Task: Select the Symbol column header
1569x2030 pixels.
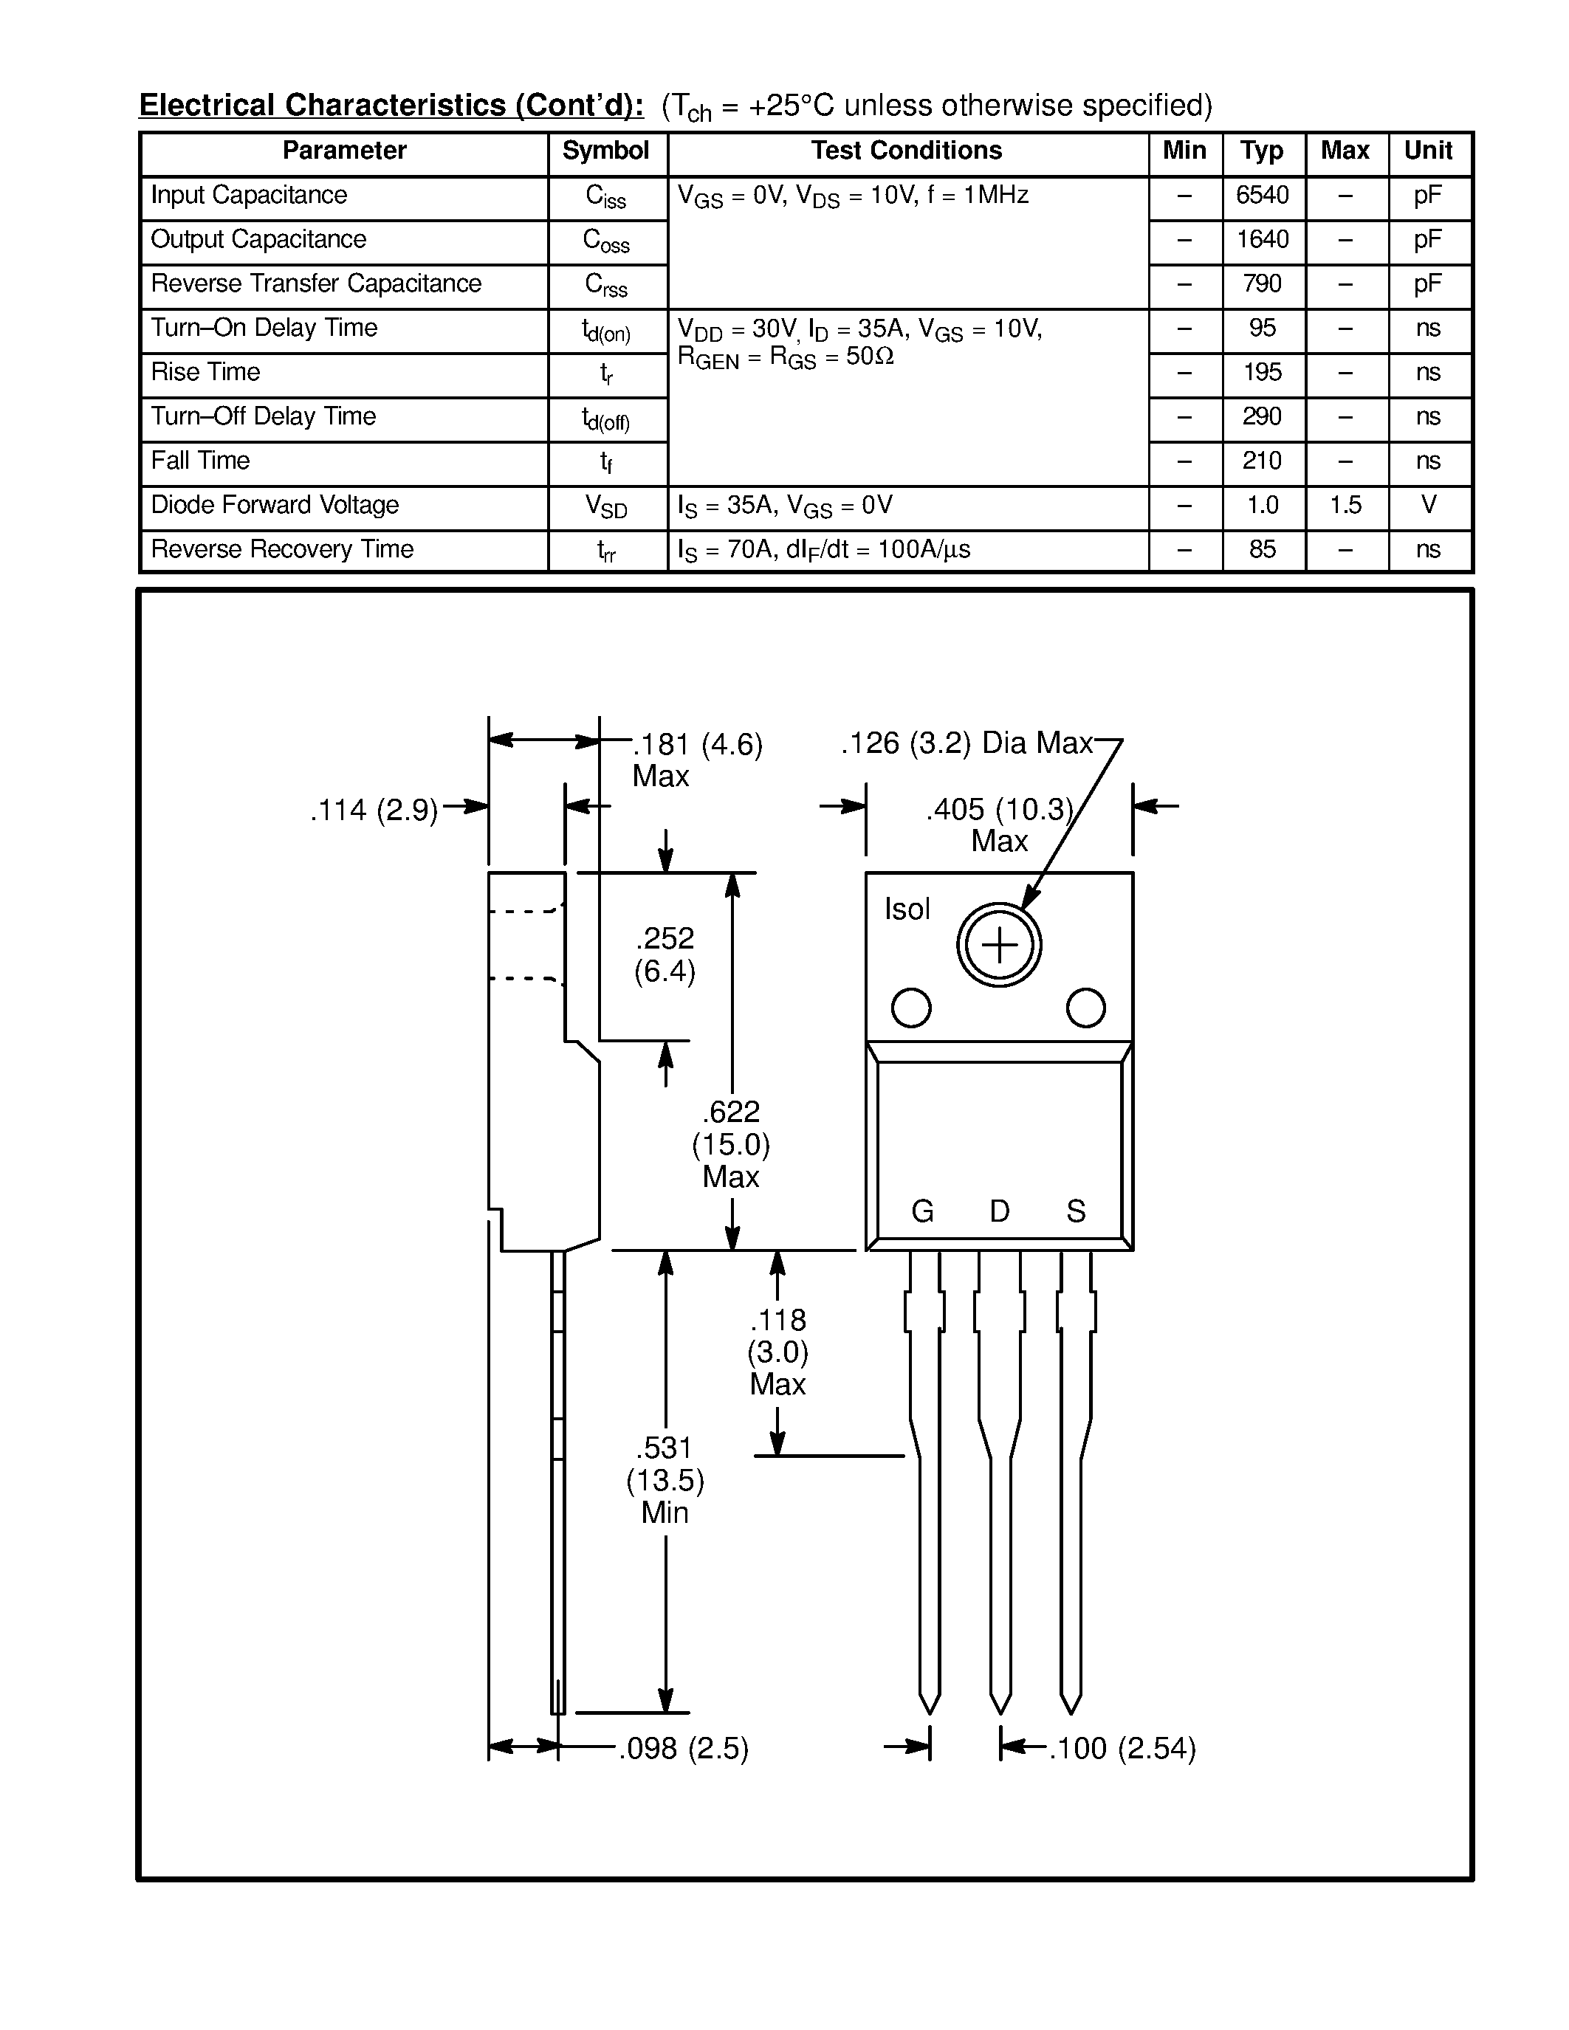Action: (x=605, y=151)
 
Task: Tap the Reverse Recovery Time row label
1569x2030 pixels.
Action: (x=281, y=549)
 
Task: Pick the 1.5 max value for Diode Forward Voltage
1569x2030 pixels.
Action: (x=1345, y=505)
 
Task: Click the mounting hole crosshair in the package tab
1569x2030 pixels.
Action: (x=999, y=946)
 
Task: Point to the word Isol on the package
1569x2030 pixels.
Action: (x=906, y=909)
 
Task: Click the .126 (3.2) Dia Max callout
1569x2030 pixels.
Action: (x=967, y=743)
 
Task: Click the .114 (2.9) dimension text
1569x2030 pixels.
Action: (x=374, y=811)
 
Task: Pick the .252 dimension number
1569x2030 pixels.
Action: (x=665, y=937)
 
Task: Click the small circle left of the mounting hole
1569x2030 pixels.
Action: (x=911, y=1008)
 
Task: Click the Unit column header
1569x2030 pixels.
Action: (x=1428, y=151)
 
